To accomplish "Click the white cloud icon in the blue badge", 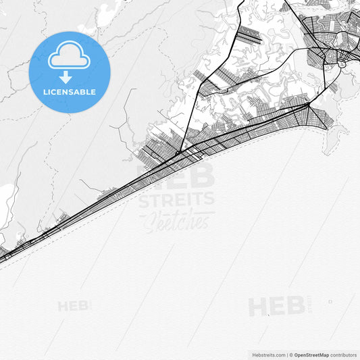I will pyautogui.click(x=69, y=55).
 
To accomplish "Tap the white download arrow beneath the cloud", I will pyautogui.click(x=66, y=77).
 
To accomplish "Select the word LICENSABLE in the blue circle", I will pyautogui.click(x=69, y=92).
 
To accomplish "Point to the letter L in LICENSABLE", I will pyautogui.click(x=45, y=92).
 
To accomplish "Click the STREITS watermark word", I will pyautogui.click(x=176, y=200).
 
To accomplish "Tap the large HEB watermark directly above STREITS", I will pyautogui.click(x=176, y=176).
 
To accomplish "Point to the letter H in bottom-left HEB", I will pyautogui.click(x=63, y=306).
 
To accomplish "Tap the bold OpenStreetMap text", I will pyautogui.click(x=311, y=355).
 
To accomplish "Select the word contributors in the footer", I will pyautogui.click(x=344, y=355).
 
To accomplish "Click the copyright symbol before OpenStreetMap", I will pyautogui.click(x=291, y=355).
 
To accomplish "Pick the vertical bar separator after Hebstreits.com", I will pyautogui.click(x=287, y=355).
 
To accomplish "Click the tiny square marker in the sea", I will pyautogui.click(x=330, y=301).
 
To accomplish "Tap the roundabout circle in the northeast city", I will pyautogui.click(x=341, y=64).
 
